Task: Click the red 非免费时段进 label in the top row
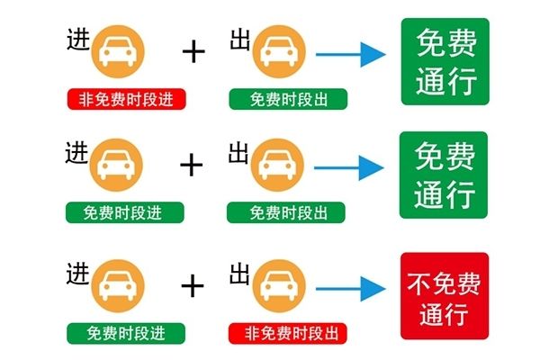pos(126,99)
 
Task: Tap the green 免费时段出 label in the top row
pos(288,99)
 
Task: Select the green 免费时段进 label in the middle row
pos(125,212)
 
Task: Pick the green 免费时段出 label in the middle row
pos(286,212)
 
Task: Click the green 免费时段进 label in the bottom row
pos(126,334)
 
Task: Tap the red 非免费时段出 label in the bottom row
pos(288,334)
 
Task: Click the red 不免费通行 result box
pos(445,296)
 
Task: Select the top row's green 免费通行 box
pos(445,62)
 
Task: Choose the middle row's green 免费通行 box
pos(444,175)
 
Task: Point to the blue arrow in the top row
pos(351,54)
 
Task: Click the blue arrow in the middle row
pos(349,167)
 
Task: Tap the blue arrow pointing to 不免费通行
pos(351,289)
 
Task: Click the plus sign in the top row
pos(193,51)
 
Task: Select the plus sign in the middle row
pos(192,165)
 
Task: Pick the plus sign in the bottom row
pos(193,286)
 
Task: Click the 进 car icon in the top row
pos(118,51)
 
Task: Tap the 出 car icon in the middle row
pos(277,165)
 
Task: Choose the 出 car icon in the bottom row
pos(279,286)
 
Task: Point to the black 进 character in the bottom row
pos(77,274)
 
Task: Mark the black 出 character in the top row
pos(240,40)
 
